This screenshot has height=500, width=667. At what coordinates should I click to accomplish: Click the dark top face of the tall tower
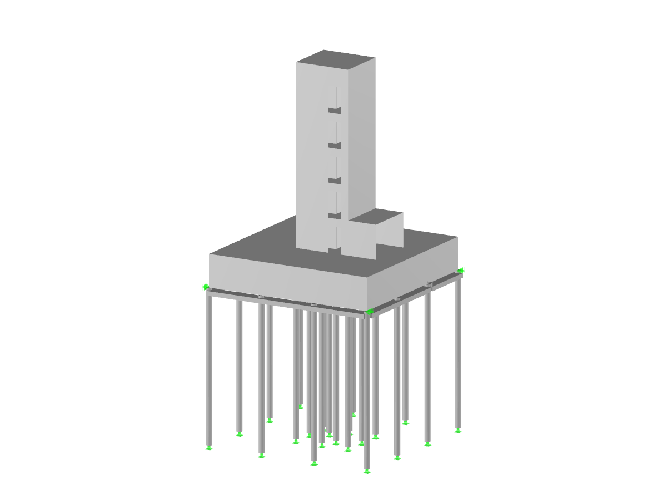pos(335,58)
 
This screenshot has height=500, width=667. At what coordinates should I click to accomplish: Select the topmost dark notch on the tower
pos(333,111)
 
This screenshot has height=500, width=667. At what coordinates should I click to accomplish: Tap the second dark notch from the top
pos(333,146)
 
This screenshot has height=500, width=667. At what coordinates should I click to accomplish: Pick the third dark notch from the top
pos(333,181)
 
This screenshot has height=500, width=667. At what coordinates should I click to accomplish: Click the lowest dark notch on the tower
pos(333,216)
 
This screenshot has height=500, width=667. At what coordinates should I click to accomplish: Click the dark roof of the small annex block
pos(379,217)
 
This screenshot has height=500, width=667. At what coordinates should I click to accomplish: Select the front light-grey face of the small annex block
pos(358,239)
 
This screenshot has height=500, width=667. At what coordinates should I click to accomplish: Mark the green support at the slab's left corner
pos(206,287)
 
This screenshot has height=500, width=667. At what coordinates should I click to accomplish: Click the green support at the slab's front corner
pos(368,312)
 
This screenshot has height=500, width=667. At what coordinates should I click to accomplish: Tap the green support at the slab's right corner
pos(460,271)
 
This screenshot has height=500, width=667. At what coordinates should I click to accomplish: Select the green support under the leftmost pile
pos(209,447)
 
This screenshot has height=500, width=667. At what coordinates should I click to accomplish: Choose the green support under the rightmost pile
pos(458,430)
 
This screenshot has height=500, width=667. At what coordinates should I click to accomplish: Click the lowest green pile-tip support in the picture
pos(367,472)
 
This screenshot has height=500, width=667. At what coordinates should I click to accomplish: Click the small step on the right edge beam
pos(429,285)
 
